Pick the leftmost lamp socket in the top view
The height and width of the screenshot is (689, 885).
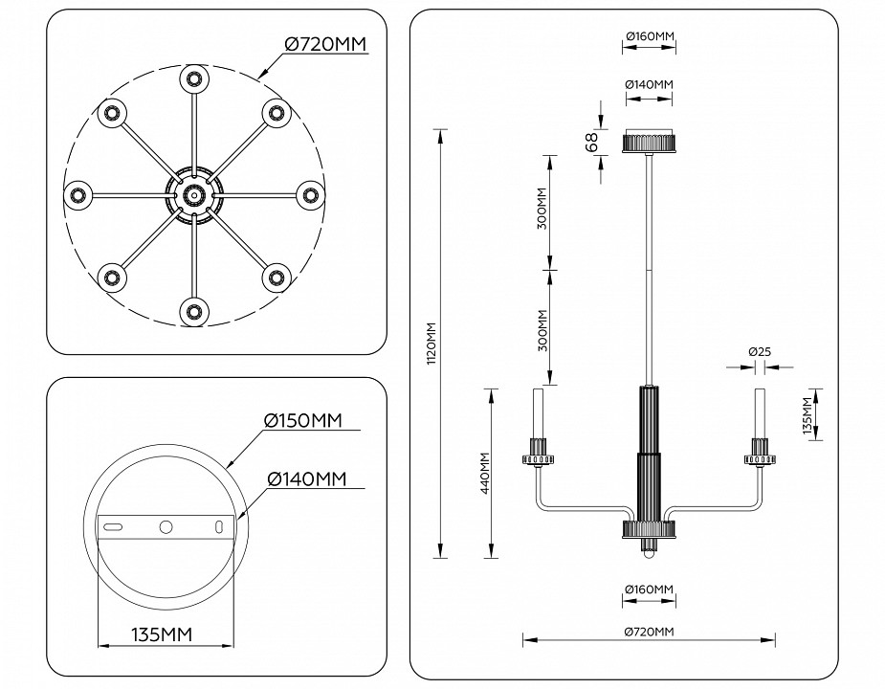click(x=77, y=195)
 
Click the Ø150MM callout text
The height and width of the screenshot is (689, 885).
click(x=302, y=421)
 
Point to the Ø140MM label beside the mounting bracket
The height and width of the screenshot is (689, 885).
click(x=306, y=478)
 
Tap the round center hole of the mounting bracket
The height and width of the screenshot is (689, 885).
click(x=166, y=527)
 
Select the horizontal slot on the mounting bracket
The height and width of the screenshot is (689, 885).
click(x=113, y=527)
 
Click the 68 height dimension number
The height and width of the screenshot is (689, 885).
click(x=591, y=142)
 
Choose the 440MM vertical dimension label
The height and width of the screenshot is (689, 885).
click(x=485, y=473)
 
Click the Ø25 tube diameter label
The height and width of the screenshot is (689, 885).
click(x=760, y=352)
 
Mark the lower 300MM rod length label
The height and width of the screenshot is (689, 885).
click(x=542, y=330)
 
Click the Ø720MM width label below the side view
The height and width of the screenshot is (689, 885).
click(x=650, y=631)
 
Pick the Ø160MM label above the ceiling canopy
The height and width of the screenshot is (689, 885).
click(x=650, y=37)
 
